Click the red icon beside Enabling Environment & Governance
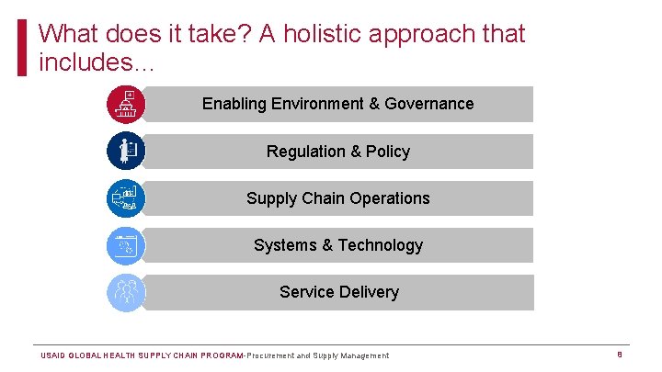coord(125,104)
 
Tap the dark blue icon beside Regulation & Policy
coord(125,151)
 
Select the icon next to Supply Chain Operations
coord(125,197)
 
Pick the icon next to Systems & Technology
coord(125,245)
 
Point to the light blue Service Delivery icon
coord(125,292)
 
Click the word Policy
coord(388,152)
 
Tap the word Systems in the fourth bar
coord(284,245)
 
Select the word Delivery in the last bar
coord(368,292)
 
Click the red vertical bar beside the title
coord(23,48)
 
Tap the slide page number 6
coord(620,355)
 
